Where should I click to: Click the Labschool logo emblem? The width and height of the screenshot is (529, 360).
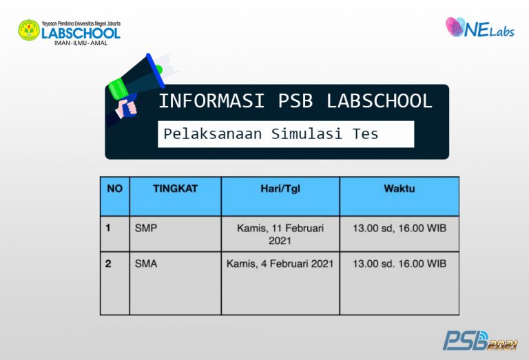pos(29,30)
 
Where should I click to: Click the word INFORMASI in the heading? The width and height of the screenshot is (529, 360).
pos(211,101)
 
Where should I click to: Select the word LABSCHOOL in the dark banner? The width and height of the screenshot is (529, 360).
pos(379,101)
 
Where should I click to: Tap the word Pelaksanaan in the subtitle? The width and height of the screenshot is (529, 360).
pos(213,134)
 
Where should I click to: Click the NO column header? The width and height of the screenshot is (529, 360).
pos(114,188)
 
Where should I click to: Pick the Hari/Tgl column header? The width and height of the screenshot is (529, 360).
pos(280,188)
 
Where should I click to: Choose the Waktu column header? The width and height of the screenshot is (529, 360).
pos(399,188)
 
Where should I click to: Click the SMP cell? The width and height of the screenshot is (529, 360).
pos(146,228)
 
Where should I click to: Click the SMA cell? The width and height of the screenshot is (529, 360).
pos(146,264)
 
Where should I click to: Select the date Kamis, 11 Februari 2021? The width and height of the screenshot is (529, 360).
pos(280,234)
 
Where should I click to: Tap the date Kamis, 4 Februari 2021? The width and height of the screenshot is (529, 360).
pos(280,264)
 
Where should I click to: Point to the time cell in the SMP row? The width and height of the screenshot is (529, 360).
pos(399,228)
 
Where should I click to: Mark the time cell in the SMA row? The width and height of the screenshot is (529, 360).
pos(399,264)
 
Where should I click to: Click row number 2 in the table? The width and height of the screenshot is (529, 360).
pos(109,264)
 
